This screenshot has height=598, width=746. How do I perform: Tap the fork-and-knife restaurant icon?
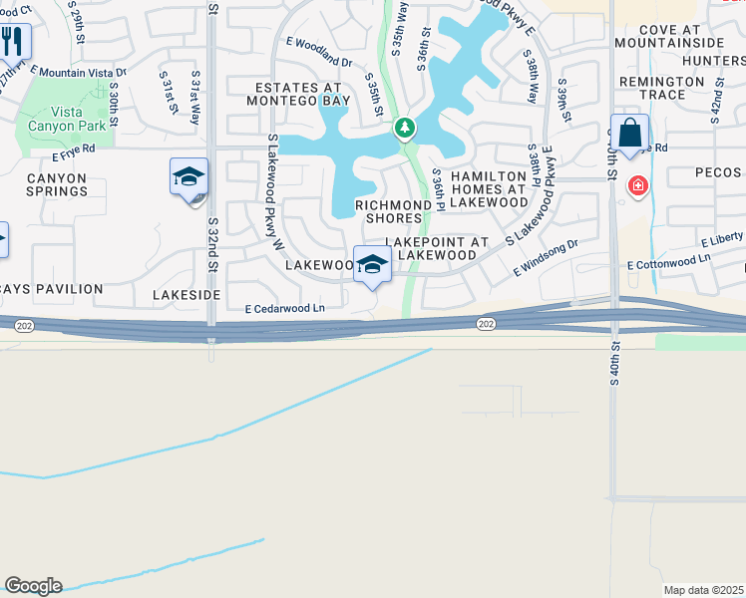tap(13, 42)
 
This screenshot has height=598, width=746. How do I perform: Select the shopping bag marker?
tap(630, 134)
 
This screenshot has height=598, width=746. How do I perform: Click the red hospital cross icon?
tap(636, 186)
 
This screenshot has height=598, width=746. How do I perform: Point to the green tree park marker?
tap(404, 128)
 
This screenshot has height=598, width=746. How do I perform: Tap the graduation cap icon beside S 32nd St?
tap(187, 177)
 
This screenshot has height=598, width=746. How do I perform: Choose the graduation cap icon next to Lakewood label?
tap(372, 265)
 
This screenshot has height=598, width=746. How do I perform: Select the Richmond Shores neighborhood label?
tap(394, 211)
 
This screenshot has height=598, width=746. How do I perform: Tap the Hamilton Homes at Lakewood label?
tap(488, 188)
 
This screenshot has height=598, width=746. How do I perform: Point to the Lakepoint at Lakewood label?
tap(437, 248)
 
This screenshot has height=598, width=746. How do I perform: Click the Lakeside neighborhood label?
tap(186, 295)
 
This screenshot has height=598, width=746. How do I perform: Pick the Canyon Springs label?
tap(57, 185)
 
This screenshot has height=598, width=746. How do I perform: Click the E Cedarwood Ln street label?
tap(285, 309)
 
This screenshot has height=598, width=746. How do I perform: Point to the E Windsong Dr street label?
tap(546, 258)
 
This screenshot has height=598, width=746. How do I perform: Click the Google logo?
tap(33, 586)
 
